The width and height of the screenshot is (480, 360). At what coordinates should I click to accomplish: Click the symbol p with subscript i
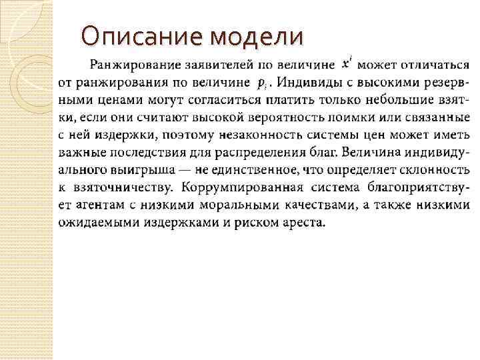pos(263,83)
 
